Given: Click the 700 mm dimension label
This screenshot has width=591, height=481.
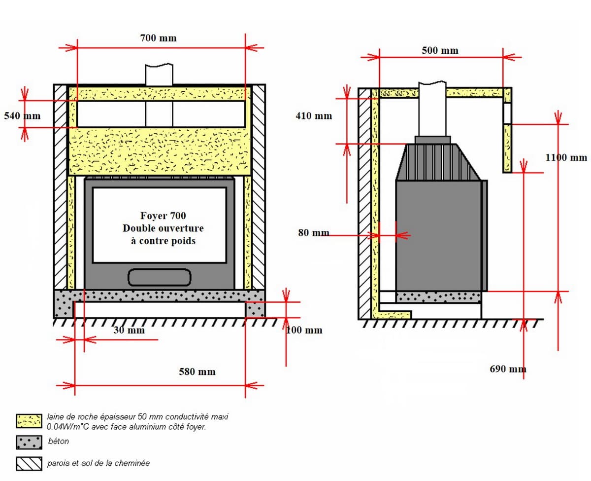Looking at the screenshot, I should [158, 38].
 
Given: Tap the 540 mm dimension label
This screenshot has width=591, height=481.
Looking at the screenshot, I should [22, 116].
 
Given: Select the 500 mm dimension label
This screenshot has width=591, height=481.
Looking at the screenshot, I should [440, 50].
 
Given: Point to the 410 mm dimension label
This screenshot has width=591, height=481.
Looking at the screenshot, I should [314, 116].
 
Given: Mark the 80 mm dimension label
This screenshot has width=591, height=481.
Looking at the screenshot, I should [314, 232].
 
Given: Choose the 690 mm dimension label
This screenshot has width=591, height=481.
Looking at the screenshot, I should [508, 369].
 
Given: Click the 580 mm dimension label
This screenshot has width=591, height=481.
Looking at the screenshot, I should [197, 371].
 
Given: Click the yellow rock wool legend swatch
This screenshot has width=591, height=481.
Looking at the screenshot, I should [29, 421].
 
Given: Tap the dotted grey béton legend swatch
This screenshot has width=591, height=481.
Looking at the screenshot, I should [29, 442].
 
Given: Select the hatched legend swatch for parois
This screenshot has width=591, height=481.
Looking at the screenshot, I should [29, 464].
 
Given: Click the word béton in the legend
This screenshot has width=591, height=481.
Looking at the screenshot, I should [59, 442].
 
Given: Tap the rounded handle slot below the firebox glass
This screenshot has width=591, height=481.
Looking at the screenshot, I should [160, 277].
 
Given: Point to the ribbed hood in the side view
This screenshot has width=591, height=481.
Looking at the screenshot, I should [438, 163].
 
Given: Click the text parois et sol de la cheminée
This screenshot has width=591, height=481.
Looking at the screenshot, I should [98, 463].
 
